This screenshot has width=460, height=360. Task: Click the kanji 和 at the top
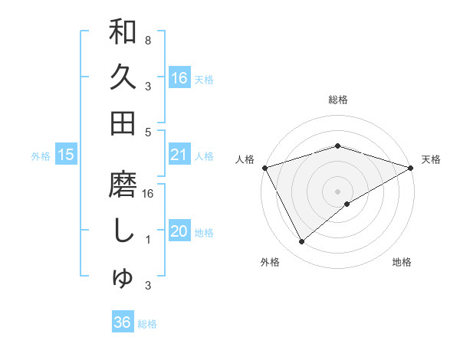tap(123, 33)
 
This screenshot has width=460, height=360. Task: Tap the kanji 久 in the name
tap(123, 77)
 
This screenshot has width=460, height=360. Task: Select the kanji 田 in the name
tap(123, 123)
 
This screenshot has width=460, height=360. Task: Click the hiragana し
tap(123, 232)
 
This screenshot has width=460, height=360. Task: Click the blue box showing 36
tap(123, 322)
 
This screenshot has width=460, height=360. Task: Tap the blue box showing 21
tap(179, 155)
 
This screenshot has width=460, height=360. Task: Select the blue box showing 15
tap(66, 155)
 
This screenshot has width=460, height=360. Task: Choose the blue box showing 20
tap(179, 231)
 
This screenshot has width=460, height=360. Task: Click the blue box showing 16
tap(179, 78)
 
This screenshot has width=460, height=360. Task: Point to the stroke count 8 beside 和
tap(147, 40)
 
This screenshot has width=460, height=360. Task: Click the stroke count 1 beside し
tap(147, 240)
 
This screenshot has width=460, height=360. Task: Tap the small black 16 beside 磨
tap(149, 194)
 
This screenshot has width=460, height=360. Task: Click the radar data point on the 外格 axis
tap(302, 242)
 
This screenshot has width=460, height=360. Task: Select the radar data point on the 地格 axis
tap(347, 204)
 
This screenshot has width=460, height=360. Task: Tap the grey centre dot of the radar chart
tap(337, 190)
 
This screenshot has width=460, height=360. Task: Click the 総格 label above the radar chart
tap(337, 100)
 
